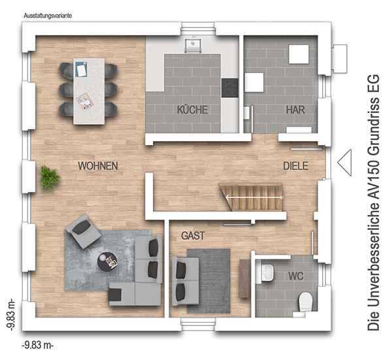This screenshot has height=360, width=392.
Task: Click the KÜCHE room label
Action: pos(193,110)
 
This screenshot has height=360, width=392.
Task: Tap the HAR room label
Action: pos(295,110)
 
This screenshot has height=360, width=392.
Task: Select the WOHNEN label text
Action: pos(98,166)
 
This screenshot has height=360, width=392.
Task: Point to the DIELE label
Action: pos(295,166)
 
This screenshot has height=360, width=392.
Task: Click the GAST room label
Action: pos(193,236)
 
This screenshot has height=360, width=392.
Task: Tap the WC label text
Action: pos(296,276)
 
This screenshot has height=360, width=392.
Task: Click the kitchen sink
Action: pos(193,46)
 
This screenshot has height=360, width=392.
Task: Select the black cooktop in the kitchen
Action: pos(230,88)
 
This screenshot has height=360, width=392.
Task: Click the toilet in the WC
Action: pos(306,302)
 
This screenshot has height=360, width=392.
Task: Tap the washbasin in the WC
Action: pos(268,272)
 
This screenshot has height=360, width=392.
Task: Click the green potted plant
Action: pos(50,178)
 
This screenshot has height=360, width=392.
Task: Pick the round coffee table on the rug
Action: pos(107,261)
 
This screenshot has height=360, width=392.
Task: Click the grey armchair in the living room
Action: pos(83,231)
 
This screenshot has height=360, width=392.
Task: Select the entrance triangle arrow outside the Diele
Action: pos(344,163)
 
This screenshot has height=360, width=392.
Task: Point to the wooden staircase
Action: pos(252,197)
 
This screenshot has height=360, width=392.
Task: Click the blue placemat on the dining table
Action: pos(81,69)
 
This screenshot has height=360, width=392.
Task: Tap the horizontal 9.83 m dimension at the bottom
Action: pos(38,345)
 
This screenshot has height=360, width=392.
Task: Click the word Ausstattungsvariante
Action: pos(48,16)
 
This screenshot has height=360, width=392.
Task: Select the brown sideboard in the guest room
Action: pos(245,279)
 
